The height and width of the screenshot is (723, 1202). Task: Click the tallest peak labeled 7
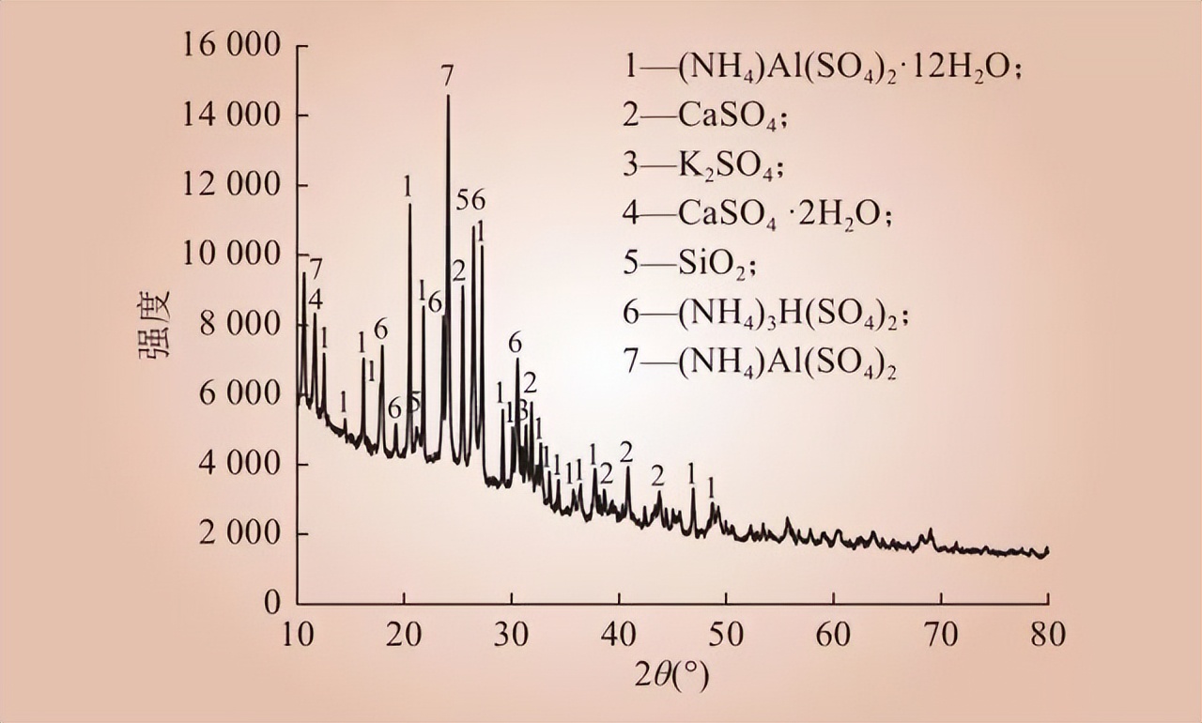coord(448,98)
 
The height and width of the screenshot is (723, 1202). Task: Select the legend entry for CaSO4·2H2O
coord(756,215)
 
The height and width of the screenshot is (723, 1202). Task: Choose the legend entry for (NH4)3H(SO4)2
coord(765,315)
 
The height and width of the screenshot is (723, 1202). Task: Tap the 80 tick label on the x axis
coord(1047,635)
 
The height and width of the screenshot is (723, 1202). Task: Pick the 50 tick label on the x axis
coord(725,635)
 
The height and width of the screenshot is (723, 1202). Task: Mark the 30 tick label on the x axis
coord(512,635)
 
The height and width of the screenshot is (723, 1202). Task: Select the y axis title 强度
coord(156,324)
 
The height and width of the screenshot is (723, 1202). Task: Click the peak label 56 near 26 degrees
coord(471,200)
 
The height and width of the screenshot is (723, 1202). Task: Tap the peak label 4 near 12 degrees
coord(316,300)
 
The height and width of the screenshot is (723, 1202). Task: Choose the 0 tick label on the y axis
coord(271,603)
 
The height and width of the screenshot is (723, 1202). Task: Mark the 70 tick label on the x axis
coord(940,635)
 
